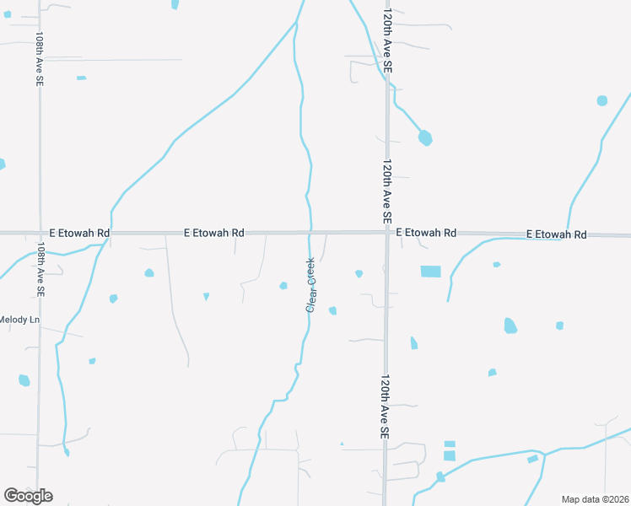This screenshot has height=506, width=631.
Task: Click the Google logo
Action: point(29,496)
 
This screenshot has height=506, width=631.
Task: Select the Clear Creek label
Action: point(310,284)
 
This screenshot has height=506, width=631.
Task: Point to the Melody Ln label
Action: point(19,320)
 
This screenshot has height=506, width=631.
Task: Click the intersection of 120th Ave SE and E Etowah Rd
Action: point(387,232)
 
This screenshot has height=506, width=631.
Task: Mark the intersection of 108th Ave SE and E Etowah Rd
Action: point(39,232)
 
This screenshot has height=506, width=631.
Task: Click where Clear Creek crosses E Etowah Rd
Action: point(311,232)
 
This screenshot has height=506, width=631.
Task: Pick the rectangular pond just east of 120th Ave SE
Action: point(430,272)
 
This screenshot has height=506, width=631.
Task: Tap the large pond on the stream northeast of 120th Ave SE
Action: point(425,137)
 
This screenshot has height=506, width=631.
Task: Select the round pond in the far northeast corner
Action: point(601,100)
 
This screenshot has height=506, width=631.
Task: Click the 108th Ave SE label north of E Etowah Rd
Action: point(40,59)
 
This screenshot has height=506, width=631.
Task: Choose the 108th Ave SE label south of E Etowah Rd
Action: point(40,269)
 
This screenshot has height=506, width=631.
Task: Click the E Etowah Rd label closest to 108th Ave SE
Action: point(79,232)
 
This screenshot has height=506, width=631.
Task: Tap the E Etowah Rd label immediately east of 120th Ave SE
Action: point(426,232)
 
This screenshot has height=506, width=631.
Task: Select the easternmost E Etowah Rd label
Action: point(556,234)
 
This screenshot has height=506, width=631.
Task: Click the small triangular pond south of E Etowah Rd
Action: point(206,296)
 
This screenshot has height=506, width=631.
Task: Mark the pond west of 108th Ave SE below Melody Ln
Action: point(24,380)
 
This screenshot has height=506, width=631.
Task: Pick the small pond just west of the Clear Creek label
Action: point(283,285)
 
